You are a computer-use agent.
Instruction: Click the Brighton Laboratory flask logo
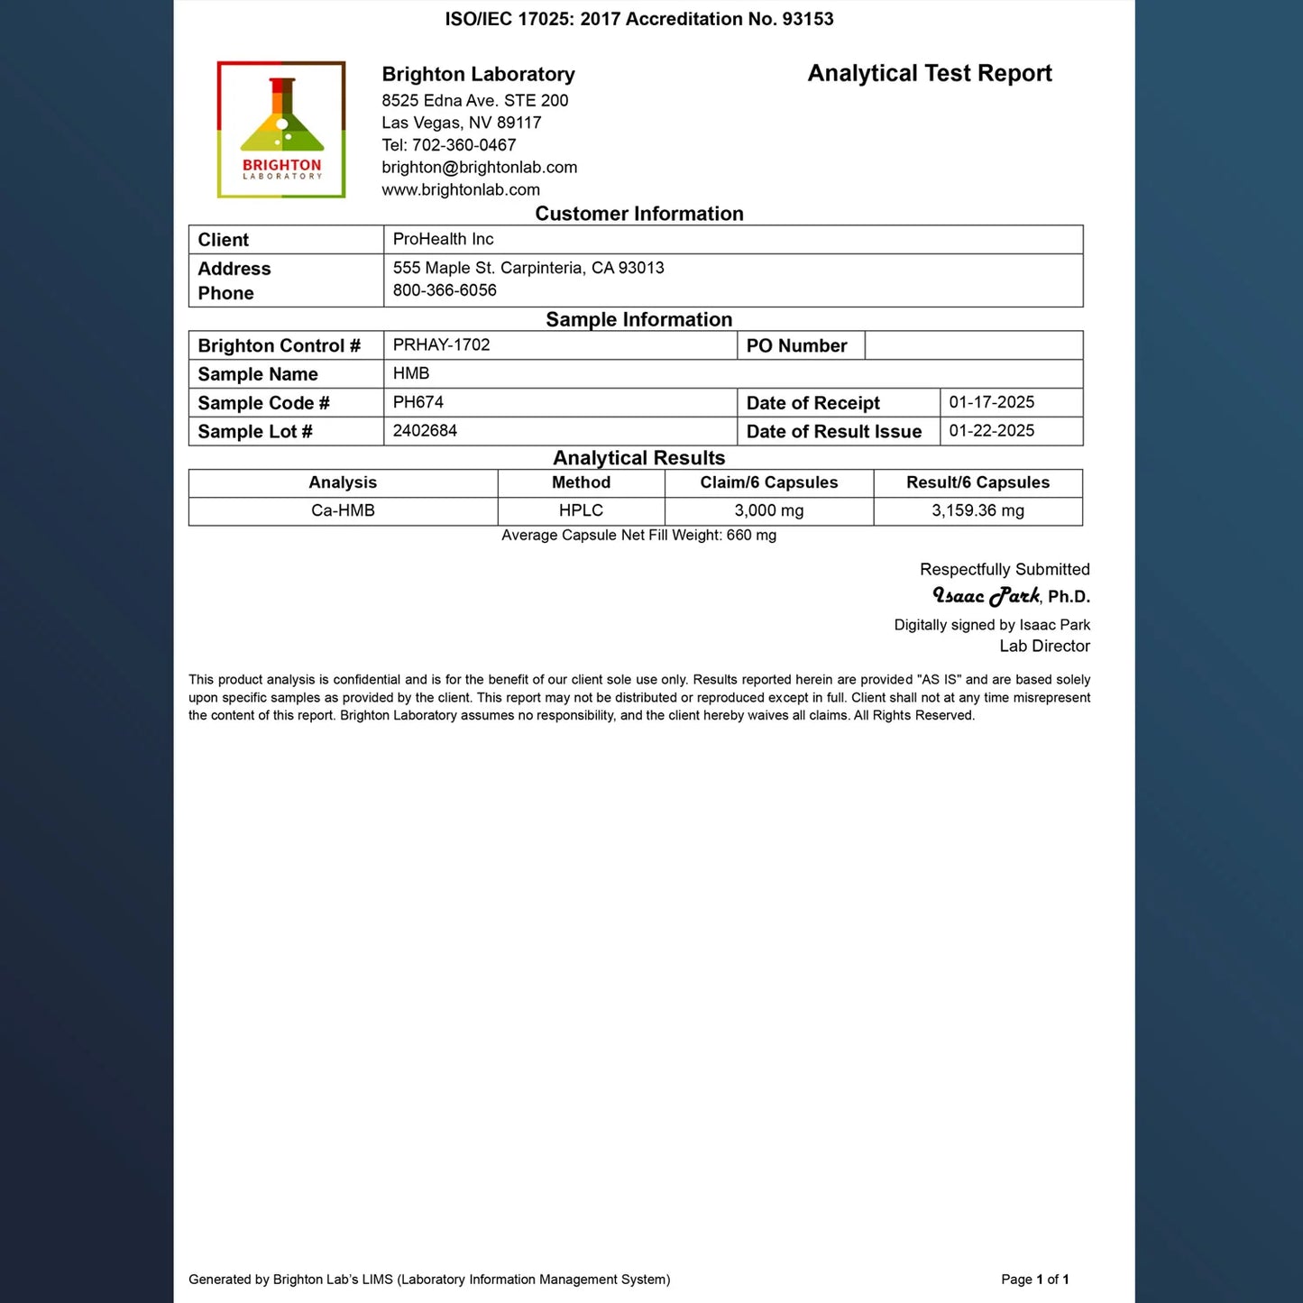pyautogui.click(x=281, y=129)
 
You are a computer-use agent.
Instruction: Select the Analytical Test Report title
pyautogui.click(x=930, y=73)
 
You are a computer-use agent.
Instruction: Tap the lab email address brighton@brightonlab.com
pyautogui.click(x=479, y=168)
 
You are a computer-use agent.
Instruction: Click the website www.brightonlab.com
pyautogui.click(x=461, y=190)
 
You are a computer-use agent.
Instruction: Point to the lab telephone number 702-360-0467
pyautogui.click(x=463, y=145)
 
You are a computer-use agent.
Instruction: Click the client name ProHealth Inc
pyautogui.click(x=443, y=239)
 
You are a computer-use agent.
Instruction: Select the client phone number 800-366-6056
pyautogui.click(x=445, y=290)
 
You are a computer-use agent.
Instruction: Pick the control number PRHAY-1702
pyautogui.click(x=441, y=344)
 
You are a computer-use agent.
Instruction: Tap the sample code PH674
pyautogui.click(x=418, y=402)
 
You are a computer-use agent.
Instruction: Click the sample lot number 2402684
pyautogui.click(x=425, y=431)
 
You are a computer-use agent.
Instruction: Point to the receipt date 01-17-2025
pyautogui.click(x=991, y=402)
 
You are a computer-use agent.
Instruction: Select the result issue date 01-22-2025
pyautogui.click(x=991, y=431)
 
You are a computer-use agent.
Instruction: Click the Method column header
pyautogui.click(x=581, y=482)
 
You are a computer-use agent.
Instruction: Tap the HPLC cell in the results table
pyautogui.click(x=581, y=510)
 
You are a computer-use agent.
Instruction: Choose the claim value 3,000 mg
pyautogui.click(x=768, y=510)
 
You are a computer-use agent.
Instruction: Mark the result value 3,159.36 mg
pyautogui.click(x=977, y=510)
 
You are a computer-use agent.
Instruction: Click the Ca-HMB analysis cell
pyautogui.click(x=343, y=510)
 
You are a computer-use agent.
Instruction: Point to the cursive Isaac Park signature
pyautogui.click(x=986, y=595)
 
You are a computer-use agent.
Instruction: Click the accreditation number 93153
pyautogui.click(x=808, y=19)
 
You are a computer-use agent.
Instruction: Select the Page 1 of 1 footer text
pyautogui.click(x=1034, y=1279)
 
